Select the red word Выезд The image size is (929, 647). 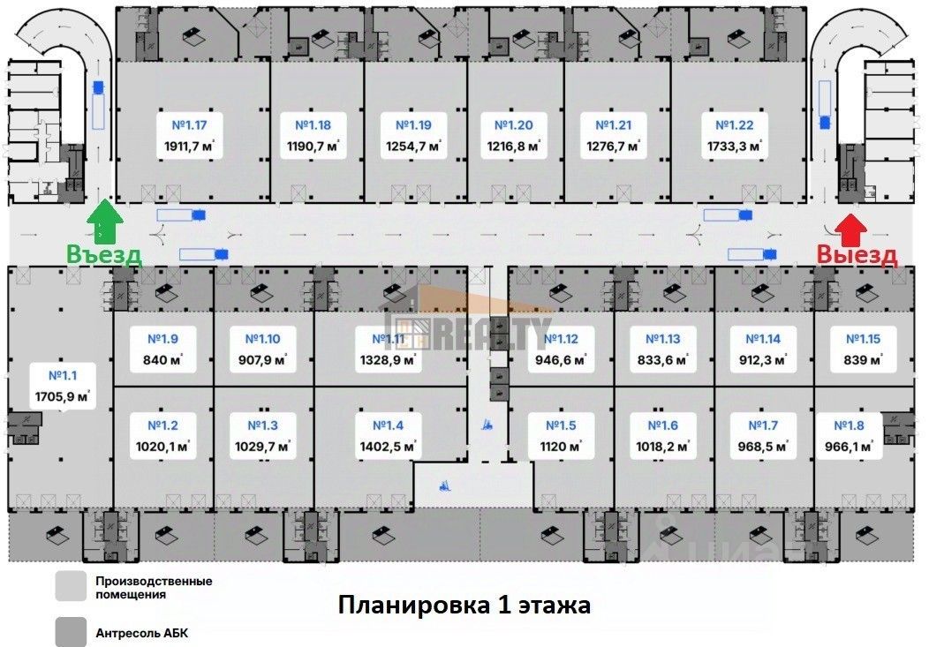coord(857,255)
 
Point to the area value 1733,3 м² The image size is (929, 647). coord(734,147)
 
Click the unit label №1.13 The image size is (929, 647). coord(663,338)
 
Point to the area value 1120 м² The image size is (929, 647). coord(561,447)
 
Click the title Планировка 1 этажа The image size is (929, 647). coord(464,606)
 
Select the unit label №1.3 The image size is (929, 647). coord(257,425)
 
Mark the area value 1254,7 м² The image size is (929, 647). coord(413,147)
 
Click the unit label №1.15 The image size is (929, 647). coord(864,338)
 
